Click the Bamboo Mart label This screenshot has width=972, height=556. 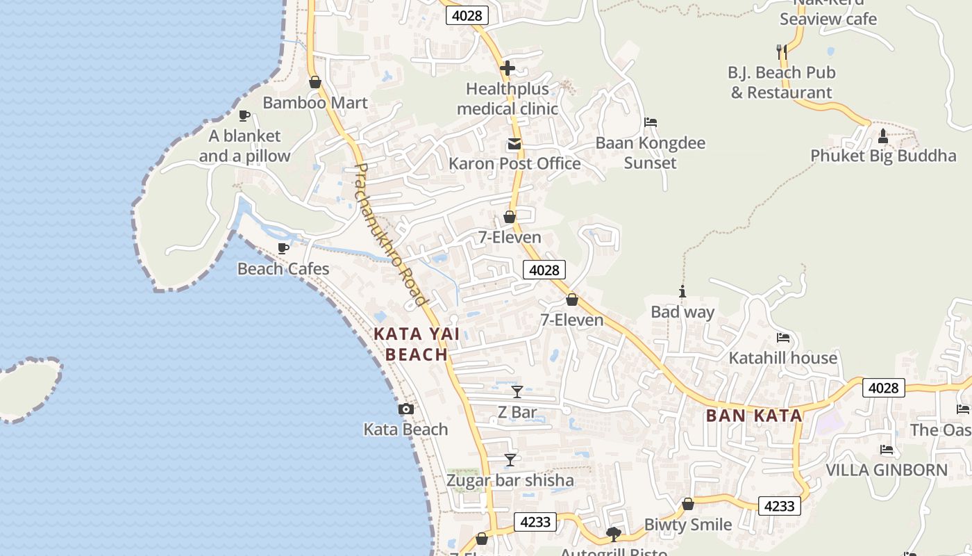pyautogui.click(x=315, y=103)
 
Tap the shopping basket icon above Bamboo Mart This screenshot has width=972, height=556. pyautogui.click(x=315, y=82)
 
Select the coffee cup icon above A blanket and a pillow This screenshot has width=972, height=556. pyautogui.click(x=244, y=115)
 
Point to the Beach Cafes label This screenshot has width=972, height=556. pyautogui.click(x=283, y=268)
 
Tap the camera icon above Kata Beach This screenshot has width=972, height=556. pyautogui.click(x=406, y=409)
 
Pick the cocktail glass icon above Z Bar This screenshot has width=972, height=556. pyautogui.click(x=517, y=391)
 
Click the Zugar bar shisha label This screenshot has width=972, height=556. pyautogui.click(x=510, y=480)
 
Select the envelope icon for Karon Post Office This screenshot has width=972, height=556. pyautogui.click(x=514, y=144)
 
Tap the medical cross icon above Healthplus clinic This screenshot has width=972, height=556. pyautogui.click(x=508, y=68)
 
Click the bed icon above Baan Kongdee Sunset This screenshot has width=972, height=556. pyautogui.click(x=651, y=122)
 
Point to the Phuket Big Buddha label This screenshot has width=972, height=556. pyautogui.click(x=883, y=155)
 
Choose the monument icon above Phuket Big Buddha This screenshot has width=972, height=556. pyautogui.click(x=883, y=136)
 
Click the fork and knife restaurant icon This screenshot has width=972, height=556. pyautogui.click(x=782, y=51)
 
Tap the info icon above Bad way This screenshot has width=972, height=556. pyautogui.click(x=682, y=292)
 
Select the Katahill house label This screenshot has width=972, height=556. pyautogui.click(x=782, y=358)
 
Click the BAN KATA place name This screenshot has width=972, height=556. pyautogui.click(x=754, y=416)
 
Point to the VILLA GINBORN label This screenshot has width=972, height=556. pyautogui.click(x=886, y=470)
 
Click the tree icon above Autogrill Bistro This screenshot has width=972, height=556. pyautogui.click(x=613, y=534)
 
